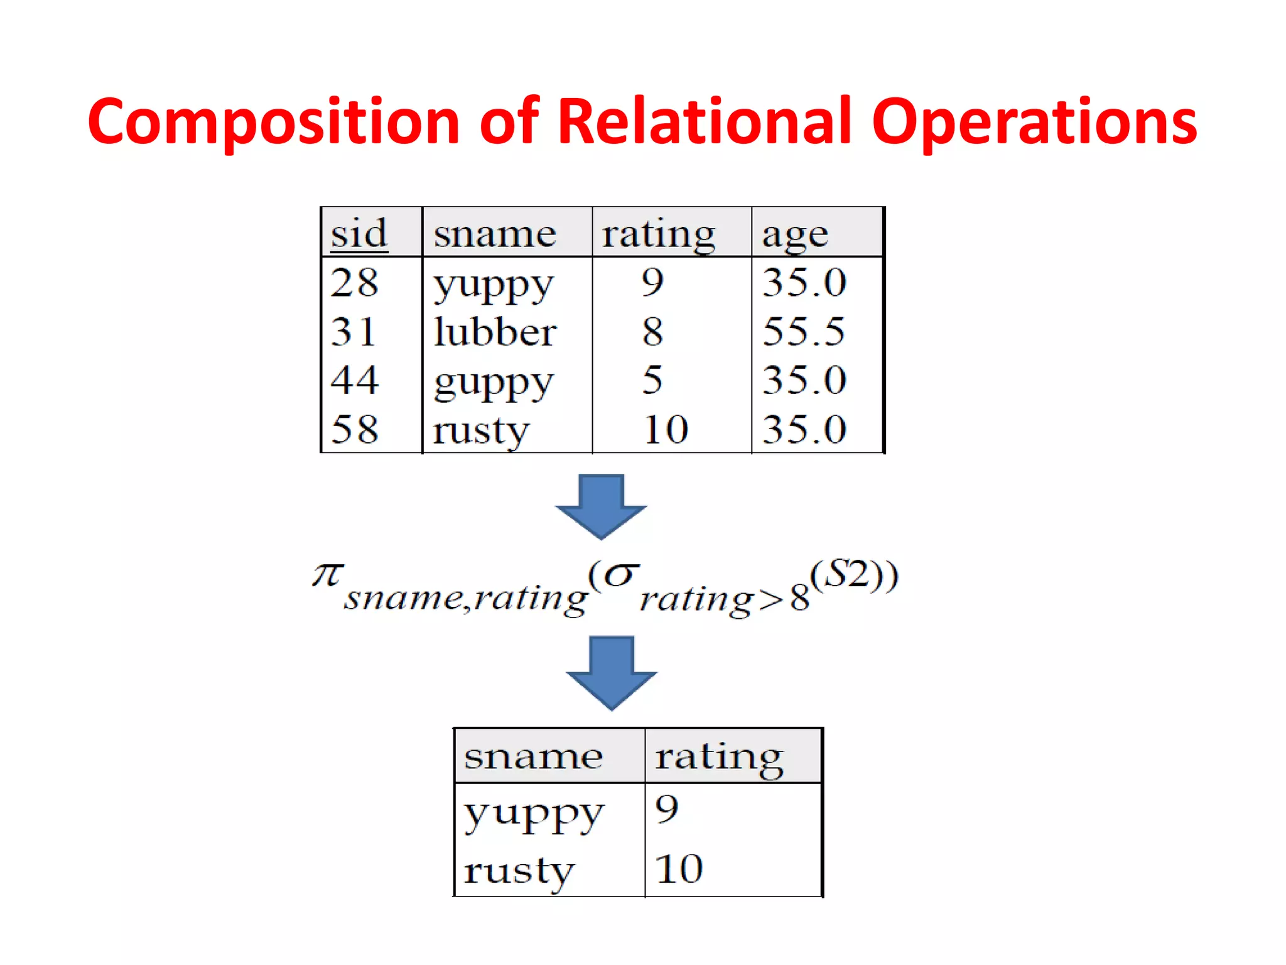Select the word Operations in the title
click(x=1034, y=123)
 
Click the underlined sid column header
click(x=359, y=234)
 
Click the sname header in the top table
click(x=495, y=234)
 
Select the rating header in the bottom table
click(x=719, y=756)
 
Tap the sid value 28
click(x=355, y=282)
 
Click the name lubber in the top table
click(x=495, y=331)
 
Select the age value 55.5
click(x=804, y=331)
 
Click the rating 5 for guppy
click(x=652, y=379)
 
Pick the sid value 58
click(x=355, y=429)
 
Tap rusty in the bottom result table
click(x=519, y=871)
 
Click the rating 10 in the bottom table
click(x=679, y=869)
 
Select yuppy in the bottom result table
click(x=534, y=814)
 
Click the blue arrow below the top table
click(x=601, y=505)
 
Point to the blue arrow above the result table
click(x=611, y=672)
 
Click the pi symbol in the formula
click(x=327, y=574)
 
